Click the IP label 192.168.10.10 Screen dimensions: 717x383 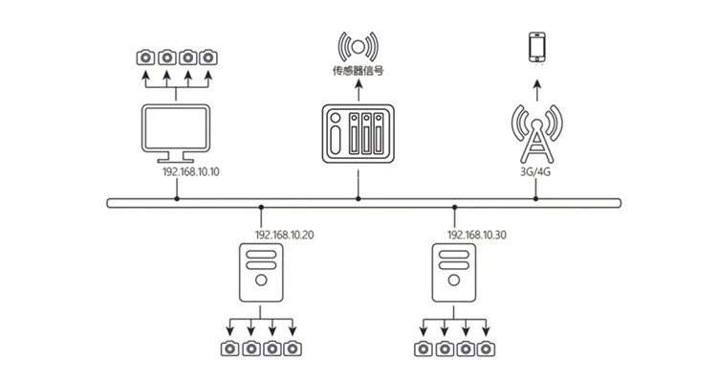191,171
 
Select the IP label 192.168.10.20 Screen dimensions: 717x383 285,235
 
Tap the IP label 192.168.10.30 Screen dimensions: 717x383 477,235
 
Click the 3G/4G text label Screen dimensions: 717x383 536,172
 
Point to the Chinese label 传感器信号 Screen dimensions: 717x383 358,71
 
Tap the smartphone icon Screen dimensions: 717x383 537,47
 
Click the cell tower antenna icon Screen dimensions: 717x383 537,134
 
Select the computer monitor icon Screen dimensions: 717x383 176,133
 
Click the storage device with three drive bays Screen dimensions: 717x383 358,133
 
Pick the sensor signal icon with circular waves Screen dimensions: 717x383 358,47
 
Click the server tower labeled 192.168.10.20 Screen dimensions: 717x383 261,273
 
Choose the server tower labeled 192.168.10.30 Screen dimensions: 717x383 454,273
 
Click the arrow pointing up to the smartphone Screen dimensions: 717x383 537,91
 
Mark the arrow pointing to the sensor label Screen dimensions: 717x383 358,91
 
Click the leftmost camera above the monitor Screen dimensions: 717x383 145,57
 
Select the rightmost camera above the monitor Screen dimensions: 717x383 208,57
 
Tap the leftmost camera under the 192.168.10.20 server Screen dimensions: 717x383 230,349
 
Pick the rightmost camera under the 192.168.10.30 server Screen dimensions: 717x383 486,349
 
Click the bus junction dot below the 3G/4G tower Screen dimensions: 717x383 536,199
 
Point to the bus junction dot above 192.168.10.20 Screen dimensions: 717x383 261,208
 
